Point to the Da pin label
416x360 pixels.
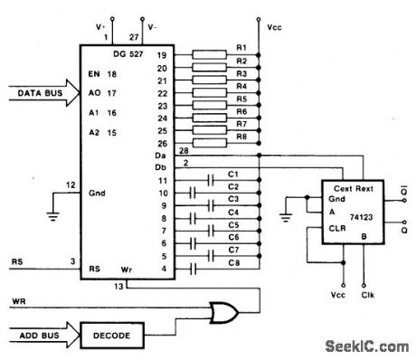coord(160,155)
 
